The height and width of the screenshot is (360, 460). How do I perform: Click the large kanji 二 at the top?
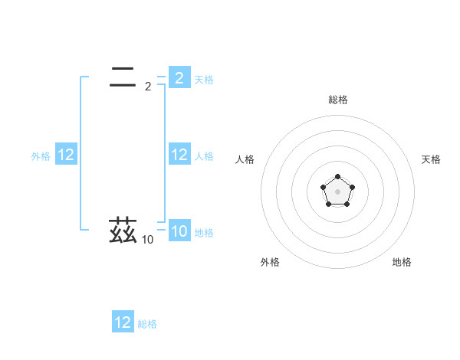123,76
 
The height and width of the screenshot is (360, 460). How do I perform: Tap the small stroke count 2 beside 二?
147,87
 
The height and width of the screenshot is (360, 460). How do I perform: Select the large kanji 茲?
123,231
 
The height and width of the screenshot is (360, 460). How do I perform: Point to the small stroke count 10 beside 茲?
147,241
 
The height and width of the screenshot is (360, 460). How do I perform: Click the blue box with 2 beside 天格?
179,78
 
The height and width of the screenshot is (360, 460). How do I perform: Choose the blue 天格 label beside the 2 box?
204,79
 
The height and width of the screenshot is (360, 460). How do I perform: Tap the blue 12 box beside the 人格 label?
179,155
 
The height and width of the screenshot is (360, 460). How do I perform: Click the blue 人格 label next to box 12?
204,156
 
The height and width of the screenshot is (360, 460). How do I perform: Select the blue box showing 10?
179,232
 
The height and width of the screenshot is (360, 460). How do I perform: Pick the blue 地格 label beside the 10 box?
204,233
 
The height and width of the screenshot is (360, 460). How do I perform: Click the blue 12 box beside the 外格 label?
66,155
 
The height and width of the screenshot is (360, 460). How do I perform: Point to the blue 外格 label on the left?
41,156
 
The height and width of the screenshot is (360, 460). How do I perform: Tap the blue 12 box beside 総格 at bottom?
123,322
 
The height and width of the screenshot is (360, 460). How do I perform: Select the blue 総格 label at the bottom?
147,324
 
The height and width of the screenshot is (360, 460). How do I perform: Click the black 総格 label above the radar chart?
338,100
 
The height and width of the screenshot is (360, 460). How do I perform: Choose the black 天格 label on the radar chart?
432,159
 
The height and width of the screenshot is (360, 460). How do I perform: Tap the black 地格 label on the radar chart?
402,262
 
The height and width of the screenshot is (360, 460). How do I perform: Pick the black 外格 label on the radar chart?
270,262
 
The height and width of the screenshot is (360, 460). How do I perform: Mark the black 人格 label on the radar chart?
245,159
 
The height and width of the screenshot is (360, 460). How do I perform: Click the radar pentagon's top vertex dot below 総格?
338,177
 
